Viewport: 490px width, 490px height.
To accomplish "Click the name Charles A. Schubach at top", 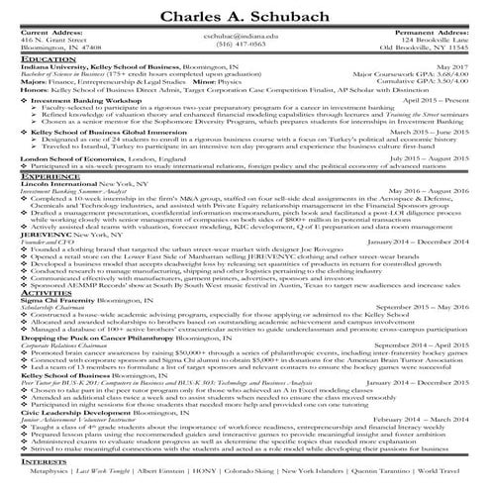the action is pyautogui.click(x=245, y=15).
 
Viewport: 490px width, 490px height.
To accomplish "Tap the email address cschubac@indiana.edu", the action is pyautogui.click(x=244, y=34).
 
